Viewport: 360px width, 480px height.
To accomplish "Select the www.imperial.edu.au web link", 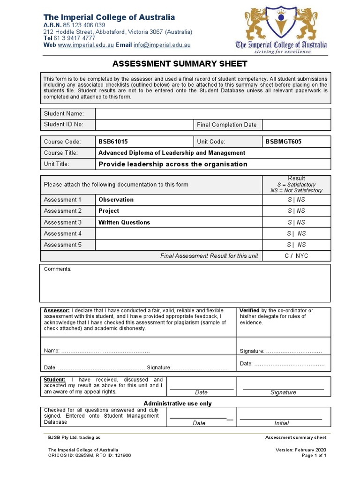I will click(86, 45).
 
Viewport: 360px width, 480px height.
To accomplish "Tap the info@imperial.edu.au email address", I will click(162, 45).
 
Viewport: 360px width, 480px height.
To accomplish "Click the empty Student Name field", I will click(213, 113).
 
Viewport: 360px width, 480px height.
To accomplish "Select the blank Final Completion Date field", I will click(296, 125).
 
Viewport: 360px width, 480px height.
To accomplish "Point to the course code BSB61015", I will click(113, 142).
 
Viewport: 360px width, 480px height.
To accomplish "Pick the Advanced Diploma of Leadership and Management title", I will click(172, 153).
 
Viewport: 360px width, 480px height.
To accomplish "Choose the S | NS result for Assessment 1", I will click(296, 200).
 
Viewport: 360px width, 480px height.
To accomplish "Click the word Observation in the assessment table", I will click(116, 200).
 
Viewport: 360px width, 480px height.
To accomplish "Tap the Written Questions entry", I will click(124, 222).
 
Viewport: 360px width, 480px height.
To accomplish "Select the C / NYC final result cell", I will click(296, 256).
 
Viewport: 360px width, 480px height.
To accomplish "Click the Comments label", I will click(58, 269).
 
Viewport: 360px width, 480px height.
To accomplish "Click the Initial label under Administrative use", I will click(281, 423).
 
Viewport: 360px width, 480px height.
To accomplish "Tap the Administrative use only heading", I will click(177, 404).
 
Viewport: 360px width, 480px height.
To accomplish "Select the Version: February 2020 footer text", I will click(301, 450).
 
